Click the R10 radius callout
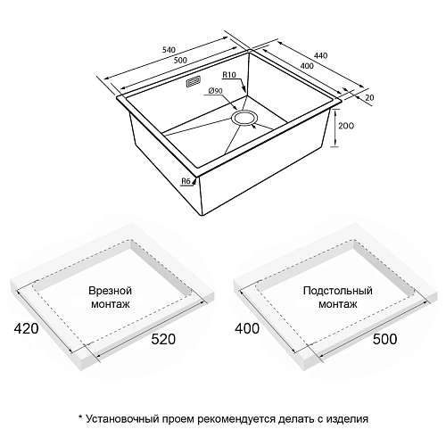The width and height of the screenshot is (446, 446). point(229,78)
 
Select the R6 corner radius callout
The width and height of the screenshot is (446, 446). point(186,182)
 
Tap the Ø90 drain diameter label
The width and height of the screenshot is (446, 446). point(214,91)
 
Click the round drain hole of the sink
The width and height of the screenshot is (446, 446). point(244,117)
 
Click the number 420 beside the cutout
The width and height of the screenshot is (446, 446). point(25,329)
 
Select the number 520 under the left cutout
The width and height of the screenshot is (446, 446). point(168,340)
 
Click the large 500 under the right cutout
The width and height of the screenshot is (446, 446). point(385,340)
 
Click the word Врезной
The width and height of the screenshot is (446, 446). point(111,292)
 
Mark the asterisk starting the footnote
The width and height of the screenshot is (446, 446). point(80,417)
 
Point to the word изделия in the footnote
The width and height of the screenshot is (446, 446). point(343,417)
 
